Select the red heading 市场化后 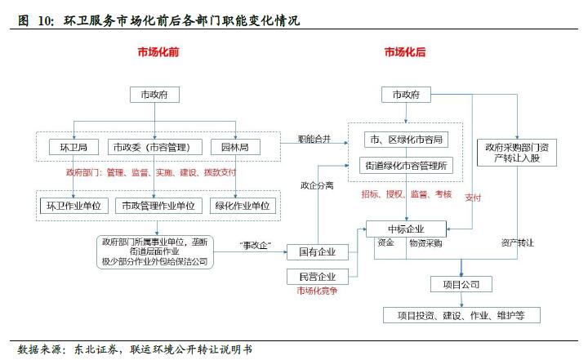click(405, 52)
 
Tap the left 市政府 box click(154, 95)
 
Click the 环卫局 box click(74, 148)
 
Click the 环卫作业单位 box click(74, 206)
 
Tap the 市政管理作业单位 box click(158, 206)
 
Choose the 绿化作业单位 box click(243, 206)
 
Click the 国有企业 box click(318, 251)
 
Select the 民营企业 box click(318, 276)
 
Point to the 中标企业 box click(406, 228)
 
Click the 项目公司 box click(461, 284)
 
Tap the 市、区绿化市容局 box click(406, 139)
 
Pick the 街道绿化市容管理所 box click(406, 166)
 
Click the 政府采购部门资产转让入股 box click(515, 153)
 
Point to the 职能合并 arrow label click(314, 139)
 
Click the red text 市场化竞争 click(317, 291)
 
